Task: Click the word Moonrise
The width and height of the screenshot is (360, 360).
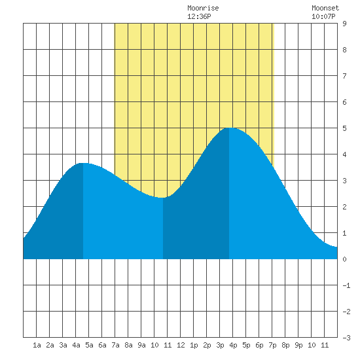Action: click(203, 8)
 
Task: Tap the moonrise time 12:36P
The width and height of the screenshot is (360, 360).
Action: click(199, 16)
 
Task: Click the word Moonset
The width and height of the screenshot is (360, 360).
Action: click(325, 8)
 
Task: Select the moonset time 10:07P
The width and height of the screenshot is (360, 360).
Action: click(323, 16)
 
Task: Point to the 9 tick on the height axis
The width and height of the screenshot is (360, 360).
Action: click(344, 24)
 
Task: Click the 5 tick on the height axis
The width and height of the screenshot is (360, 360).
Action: click(344, 128)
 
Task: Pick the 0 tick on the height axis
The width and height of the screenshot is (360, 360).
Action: click(344, 259)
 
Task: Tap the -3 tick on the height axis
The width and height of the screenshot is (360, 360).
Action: click(346, 338)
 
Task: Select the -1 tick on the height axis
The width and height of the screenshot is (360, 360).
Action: click(346, 285)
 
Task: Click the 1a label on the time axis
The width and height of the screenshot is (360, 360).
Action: click(37, 345)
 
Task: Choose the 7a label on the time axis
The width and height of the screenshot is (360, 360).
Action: click(115, 345)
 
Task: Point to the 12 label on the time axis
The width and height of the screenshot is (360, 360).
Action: click(181, 345)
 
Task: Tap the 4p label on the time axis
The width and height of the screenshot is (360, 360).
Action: click(233, 345)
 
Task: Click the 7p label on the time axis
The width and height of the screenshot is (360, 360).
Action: click(272, 345)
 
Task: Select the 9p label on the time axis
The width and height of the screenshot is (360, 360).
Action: click(298, 345)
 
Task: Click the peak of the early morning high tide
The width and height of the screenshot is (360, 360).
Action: click(83, 163)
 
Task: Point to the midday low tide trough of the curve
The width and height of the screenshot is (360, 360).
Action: click(163, 198)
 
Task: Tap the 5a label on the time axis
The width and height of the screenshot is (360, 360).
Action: click(89, 345)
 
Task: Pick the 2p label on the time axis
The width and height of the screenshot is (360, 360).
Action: click(207, 345)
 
